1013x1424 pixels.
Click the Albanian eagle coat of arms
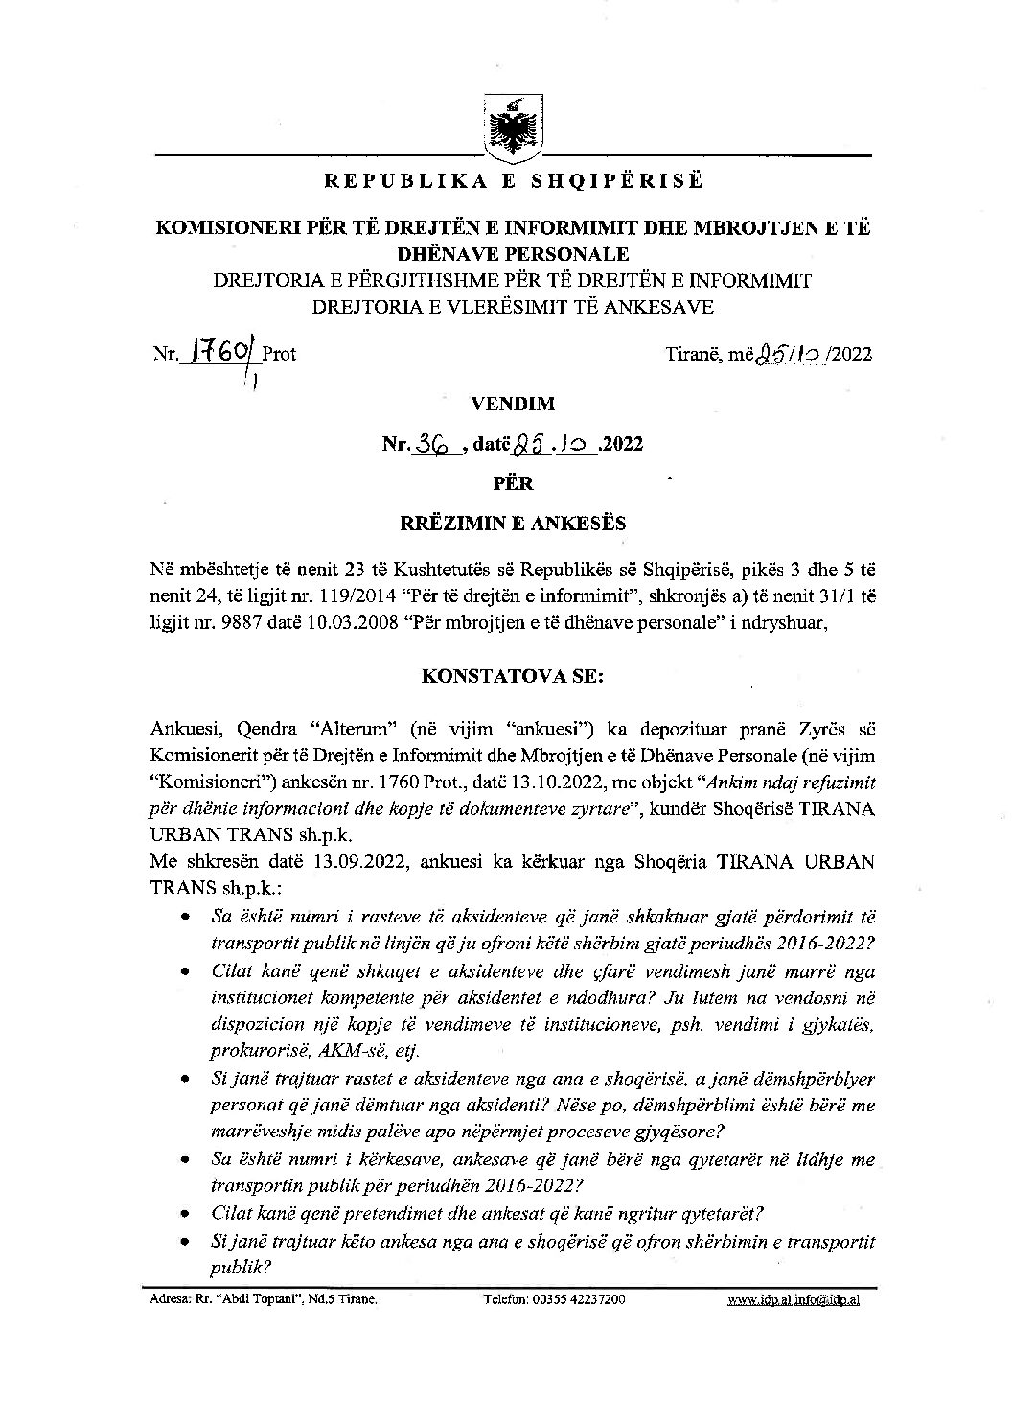pyautogui.click(x=511, y=127)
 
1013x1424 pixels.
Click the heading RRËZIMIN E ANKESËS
pyautogui.click(x=513, y=524)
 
